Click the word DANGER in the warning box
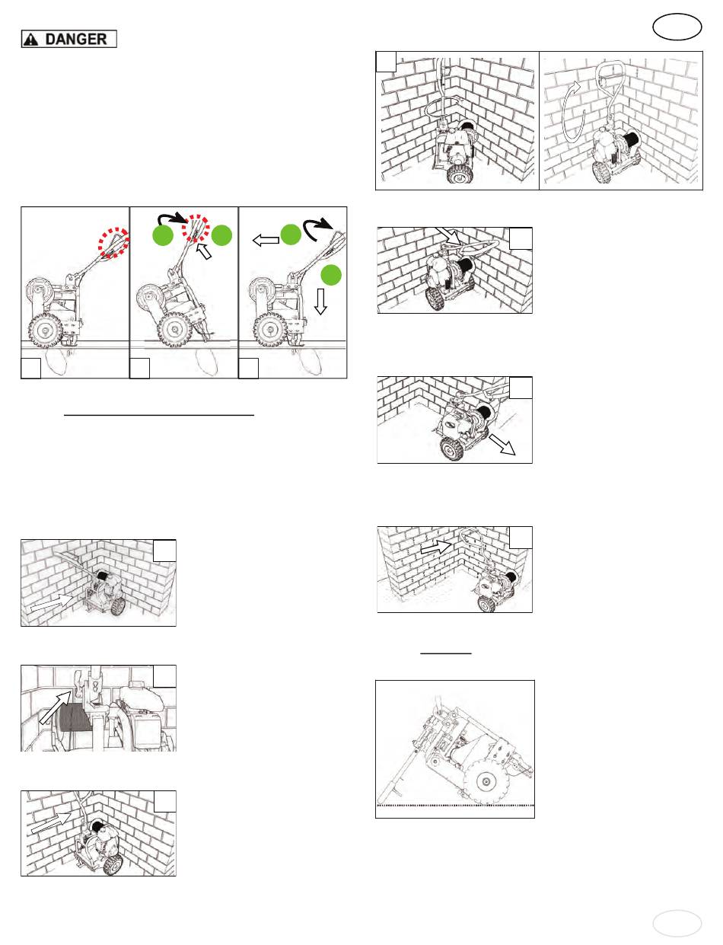click(x=76, y=39)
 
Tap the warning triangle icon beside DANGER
click(x=31, y=40)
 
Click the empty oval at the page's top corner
click(x=677, y=27)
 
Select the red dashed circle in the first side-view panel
click(x=113, y=243)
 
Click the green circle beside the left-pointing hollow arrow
click(x=291, y=235)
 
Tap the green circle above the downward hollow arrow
click(x=331, y=275)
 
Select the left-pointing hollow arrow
click(x=266, y=240)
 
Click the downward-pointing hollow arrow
click(x=320, y=301)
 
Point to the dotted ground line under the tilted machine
click(x=455, y=806)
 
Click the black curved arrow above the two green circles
click(x=172, y=218)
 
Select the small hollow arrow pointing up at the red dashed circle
click(x=204, y=251)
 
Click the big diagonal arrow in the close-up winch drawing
click(x=56, y=707)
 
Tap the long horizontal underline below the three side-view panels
click(x=159, y=415)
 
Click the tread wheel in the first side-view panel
click(x=45, y=330)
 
